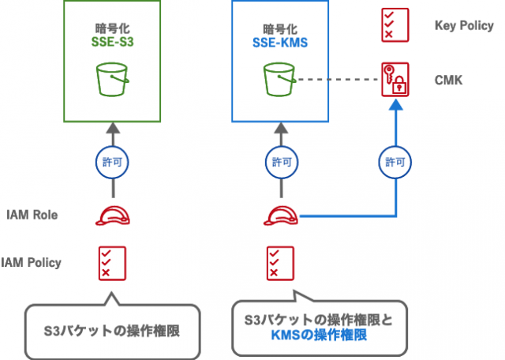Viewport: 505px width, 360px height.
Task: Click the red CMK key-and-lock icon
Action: tap(395, 81)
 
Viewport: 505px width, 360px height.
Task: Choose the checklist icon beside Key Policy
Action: tap(394, 24)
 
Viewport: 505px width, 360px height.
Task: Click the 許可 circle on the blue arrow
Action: tap(395, 162)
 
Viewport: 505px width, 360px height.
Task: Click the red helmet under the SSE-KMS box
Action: tap(280, 215)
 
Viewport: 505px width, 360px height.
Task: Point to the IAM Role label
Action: tap(32, 215)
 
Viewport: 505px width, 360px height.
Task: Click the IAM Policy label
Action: tap(32, 262)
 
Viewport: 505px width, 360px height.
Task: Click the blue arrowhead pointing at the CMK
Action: tap(395, 110)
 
